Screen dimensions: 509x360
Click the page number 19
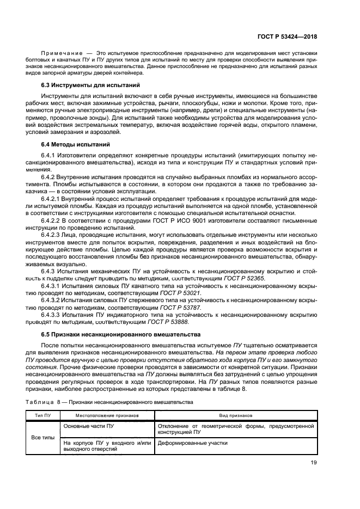(x=313, y=463)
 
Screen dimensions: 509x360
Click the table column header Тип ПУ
(x=42, y=414)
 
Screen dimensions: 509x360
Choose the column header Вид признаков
(x=235, y=414)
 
